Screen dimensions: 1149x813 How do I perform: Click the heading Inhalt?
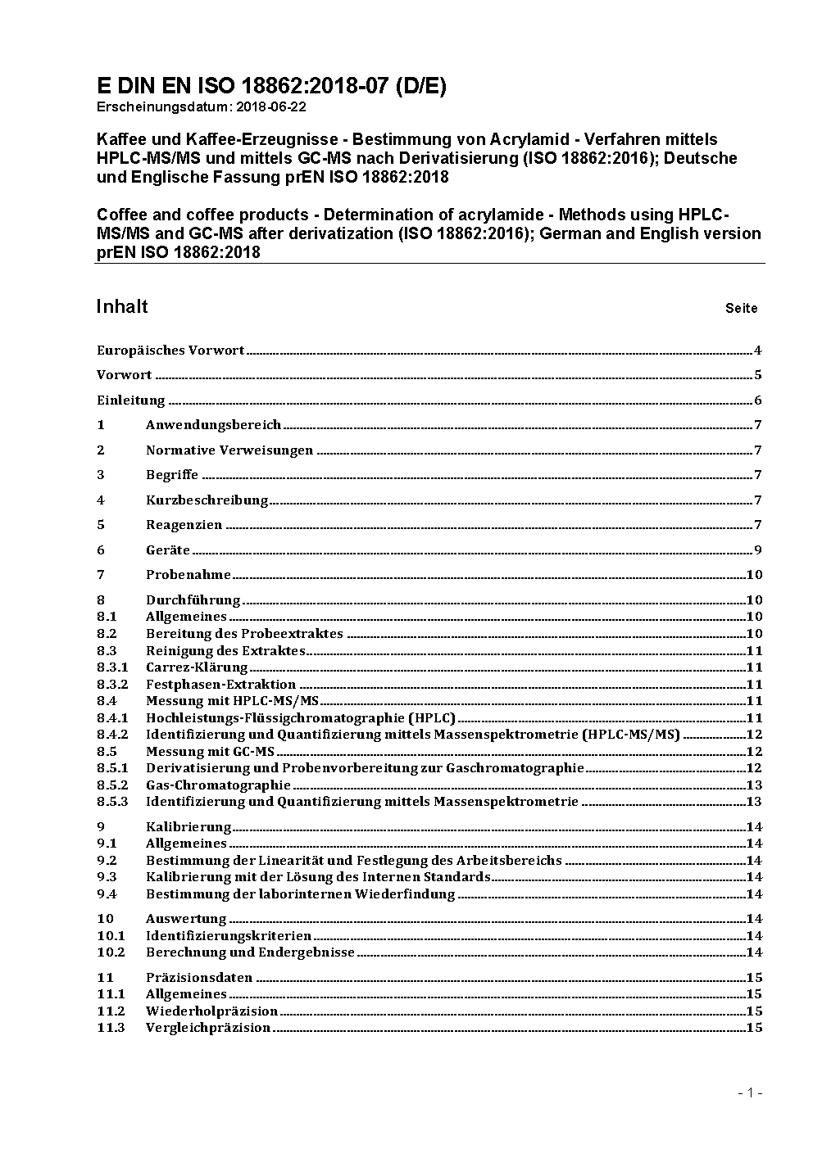(x=122, y=306)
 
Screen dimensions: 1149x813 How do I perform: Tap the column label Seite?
(x=741, y=309)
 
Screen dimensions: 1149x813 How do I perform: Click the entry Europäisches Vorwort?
(x=170, y=351)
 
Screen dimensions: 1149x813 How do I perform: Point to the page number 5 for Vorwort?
(x=758, y=375)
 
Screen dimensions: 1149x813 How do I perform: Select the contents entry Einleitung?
(x=131, y=400)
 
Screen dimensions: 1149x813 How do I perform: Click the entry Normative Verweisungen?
(x=229, y=450)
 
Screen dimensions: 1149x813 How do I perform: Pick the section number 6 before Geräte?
(x=101, y=550)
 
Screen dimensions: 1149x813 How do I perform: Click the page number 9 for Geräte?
(x=758, y=550)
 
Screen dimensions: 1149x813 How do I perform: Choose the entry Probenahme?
(x=188, y=575)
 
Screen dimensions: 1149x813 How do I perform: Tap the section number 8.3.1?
(x=112, y=667)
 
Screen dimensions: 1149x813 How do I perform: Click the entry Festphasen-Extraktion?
(x=220, y=685)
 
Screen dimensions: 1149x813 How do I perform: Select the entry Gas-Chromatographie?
(x=218, y=785)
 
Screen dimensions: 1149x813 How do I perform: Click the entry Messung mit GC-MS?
(x=210, y=752)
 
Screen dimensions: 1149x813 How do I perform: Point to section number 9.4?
(x=107, y=894)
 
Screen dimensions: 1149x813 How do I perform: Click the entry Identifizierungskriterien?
(x=229, y=936)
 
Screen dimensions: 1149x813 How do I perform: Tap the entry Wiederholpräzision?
(x=211, y=1011)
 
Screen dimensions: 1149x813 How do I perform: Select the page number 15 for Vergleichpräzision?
(x=754, y=1028)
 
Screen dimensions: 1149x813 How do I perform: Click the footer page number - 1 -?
(x=750, y=1093)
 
